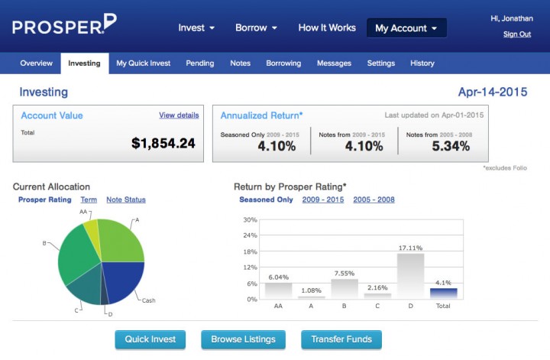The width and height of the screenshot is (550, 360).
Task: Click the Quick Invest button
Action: tap(150, 339)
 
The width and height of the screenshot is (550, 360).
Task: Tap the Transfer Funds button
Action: tap(341, 339)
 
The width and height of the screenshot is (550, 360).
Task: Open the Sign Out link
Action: tap(517, 34)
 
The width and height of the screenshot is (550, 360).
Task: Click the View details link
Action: tap(179, 115)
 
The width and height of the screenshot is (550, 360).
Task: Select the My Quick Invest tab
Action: tap(144, 63)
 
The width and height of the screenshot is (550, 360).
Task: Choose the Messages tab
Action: tap(334, 63)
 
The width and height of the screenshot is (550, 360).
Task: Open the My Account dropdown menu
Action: tap(406, 28)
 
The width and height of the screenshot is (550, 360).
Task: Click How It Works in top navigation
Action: tap(327, 28)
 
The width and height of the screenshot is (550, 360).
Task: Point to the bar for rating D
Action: tap(410, 275)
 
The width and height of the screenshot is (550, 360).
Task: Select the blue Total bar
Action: tap(443, 293)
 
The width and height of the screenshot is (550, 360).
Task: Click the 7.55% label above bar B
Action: tap(345, 273)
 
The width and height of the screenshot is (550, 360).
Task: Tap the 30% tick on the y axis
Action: tap(250, 220)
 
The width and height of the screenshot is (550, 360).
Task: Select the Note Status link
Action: tap(126, 200)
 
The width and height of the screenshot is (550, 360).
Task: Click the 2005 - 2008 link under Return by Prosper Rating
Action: tap(374, 200)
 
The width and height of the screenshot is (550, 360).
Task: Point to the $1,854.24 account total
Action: tap(163, 143)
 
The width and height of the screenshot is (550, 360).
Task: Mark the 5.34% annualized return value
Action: tap(451, 146)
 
